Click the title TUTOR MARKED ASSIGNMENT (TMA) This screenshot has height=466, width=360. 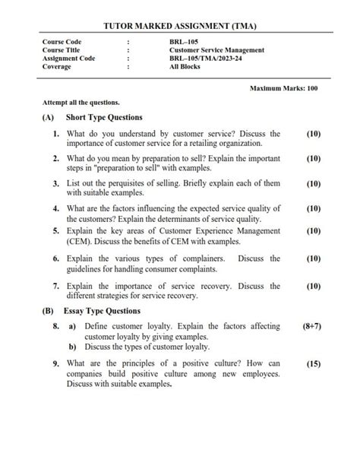click(x=180, y=27)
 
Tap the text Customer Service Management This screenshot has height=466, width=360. click(x=217, y=50)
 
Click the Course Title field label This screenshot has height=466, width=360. click(x=63, y=50)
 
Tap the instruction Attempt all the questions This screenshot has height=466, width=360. click(x=81, y=103)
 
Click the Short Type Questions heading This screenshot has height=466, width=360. click(x=104, y=118)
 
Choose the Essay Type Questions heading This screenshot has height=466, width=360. click(x=103, y=311)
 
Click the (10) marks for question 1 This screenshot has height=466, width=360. click(x=313, y=134)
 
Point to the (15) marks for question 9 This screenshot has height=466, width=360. click(x=313, y=364)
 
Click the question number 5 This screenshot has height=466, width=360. click(x=56, y=230)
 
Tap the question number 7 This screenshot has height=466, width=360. click(x=56, y=287)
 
